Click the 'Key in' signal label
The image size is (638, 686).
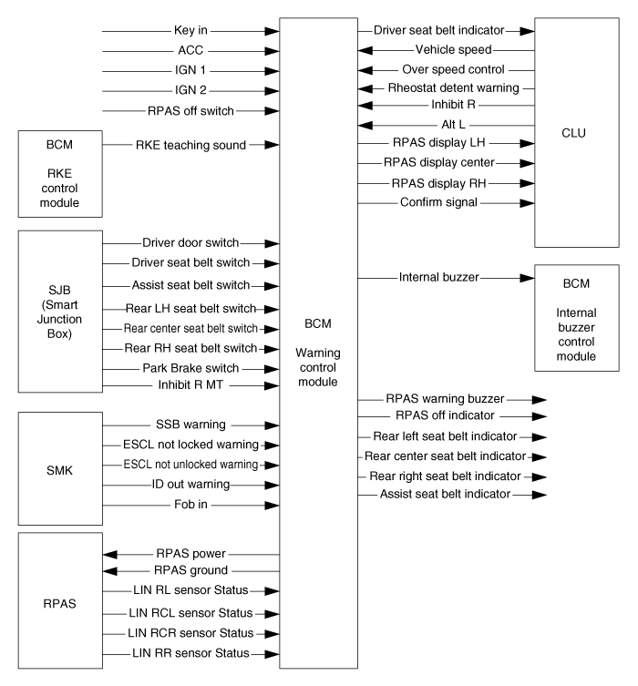(x=190, y=30)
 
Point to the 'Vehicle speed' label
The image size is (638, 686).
(x=453, y=49)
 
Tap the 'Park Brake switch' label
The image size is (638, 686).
(x=190, y=368)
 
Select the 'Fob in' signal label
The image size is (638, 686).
(x=190, y=504)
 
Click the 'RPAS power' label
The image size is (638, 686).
(x=190, y=553)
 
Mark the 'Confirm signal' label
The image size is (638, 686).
(x=438, y=202)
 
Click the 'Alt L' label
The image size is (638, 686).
(x=453, y=125)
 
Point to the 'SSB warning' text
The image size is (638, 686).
(x=190, y=425)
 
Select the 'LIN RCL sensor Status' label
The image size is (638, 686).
(x=190, y=613)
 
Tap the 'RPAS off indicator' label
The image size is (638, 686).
(x=445, y=415)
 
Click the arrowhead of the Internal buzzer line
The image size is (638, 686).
(x=528, y=278)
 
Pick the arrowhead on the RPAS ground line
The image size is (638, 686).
(x=110, y=571)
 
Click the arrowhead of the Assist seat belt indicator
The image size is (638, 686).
(x=540, y=495)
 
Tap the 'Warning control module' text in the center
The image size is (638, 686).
(x=318, y=367)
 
